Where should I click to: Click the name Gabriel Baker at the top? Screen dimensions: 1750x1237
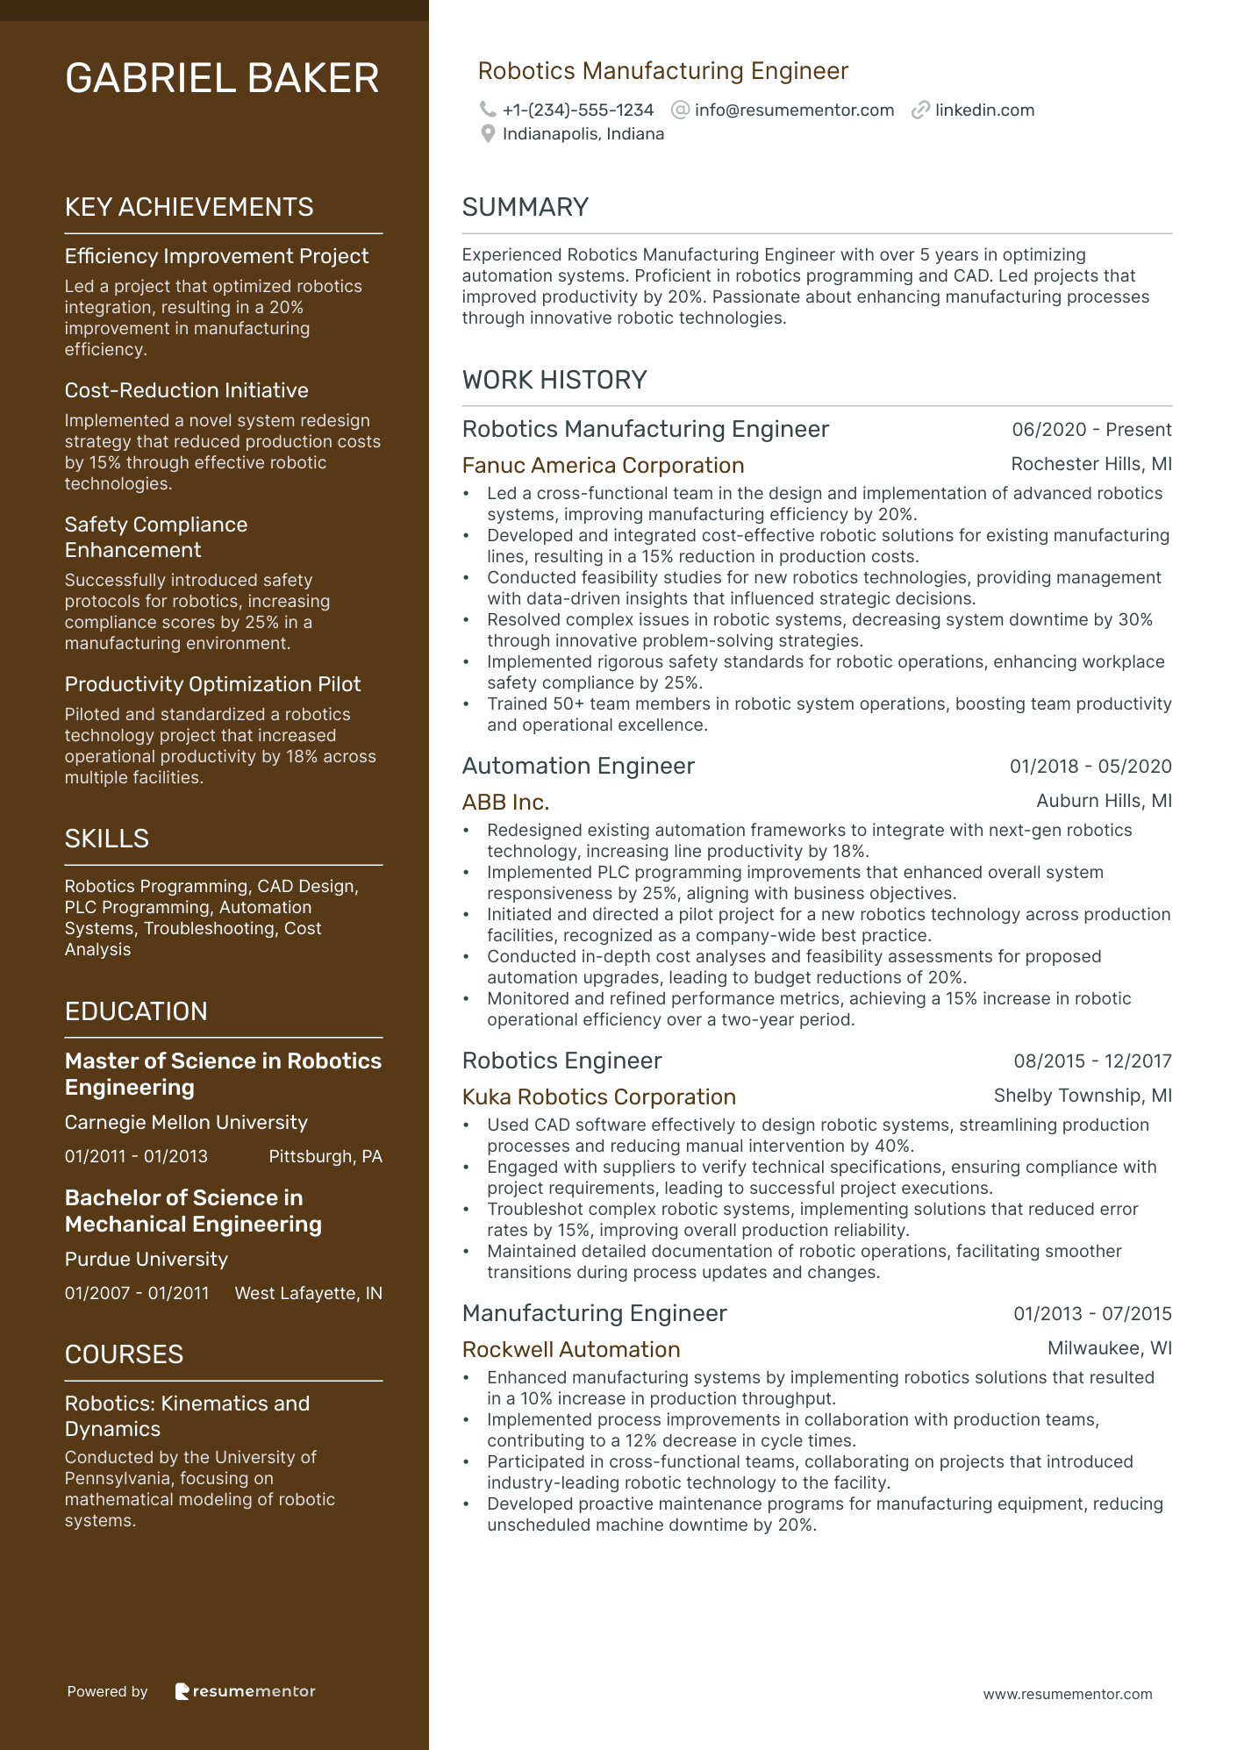tap(222, 79)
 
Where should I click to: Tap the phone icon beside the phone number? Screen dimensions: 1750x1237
tap(488, 110)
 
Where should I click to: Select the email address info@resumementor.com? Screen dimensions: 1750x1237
tap(794, 111)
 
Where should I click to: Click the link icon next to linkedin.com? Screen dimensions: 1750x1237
tap(920, 111)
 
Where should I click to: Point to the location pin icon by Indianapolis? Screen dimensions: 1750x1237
tap(488, 134)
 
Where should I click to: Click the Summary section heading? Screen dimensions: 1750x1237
tap(525, 207)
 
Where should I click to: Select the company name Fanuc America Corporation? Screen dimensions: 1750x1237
tap(603, 466)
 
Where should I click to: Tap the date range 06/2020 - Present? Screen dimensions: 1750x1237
tap(1091, 430)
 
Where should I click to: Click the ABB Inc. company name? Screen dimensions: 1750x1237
tap(505, 803)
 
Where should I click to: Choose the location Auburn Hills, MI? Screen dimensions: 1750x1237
tap(1104, 801)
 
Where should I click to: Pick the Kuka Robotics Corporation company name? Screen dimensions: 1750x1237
tap(598, 1097)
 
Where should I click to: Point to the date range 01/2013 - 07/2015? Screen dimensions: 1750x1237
tap(1092, 1314)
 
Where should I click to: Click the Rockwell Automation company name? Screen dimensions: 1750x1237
tap(571, 1350)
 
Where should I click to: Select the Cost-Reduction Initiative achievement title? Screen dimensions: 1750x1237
tap(186, 390)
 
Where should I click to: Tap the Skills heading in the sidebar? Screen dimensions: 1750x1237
tap(106, 839)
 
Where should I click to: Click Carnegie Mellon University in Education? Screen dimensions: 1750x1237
tap(186, 1123)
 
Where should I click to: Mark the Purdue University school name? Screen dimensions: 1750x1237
tap(146, 1260)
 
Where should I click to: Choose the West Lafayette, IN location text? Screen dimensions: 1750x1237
tap(308, 1294)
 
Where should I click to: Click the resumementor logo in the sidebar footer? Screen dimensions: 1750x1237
tap(245, 1691)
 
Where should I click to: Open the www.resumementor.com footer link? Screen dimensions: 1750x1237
tap(1067, 1695)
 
